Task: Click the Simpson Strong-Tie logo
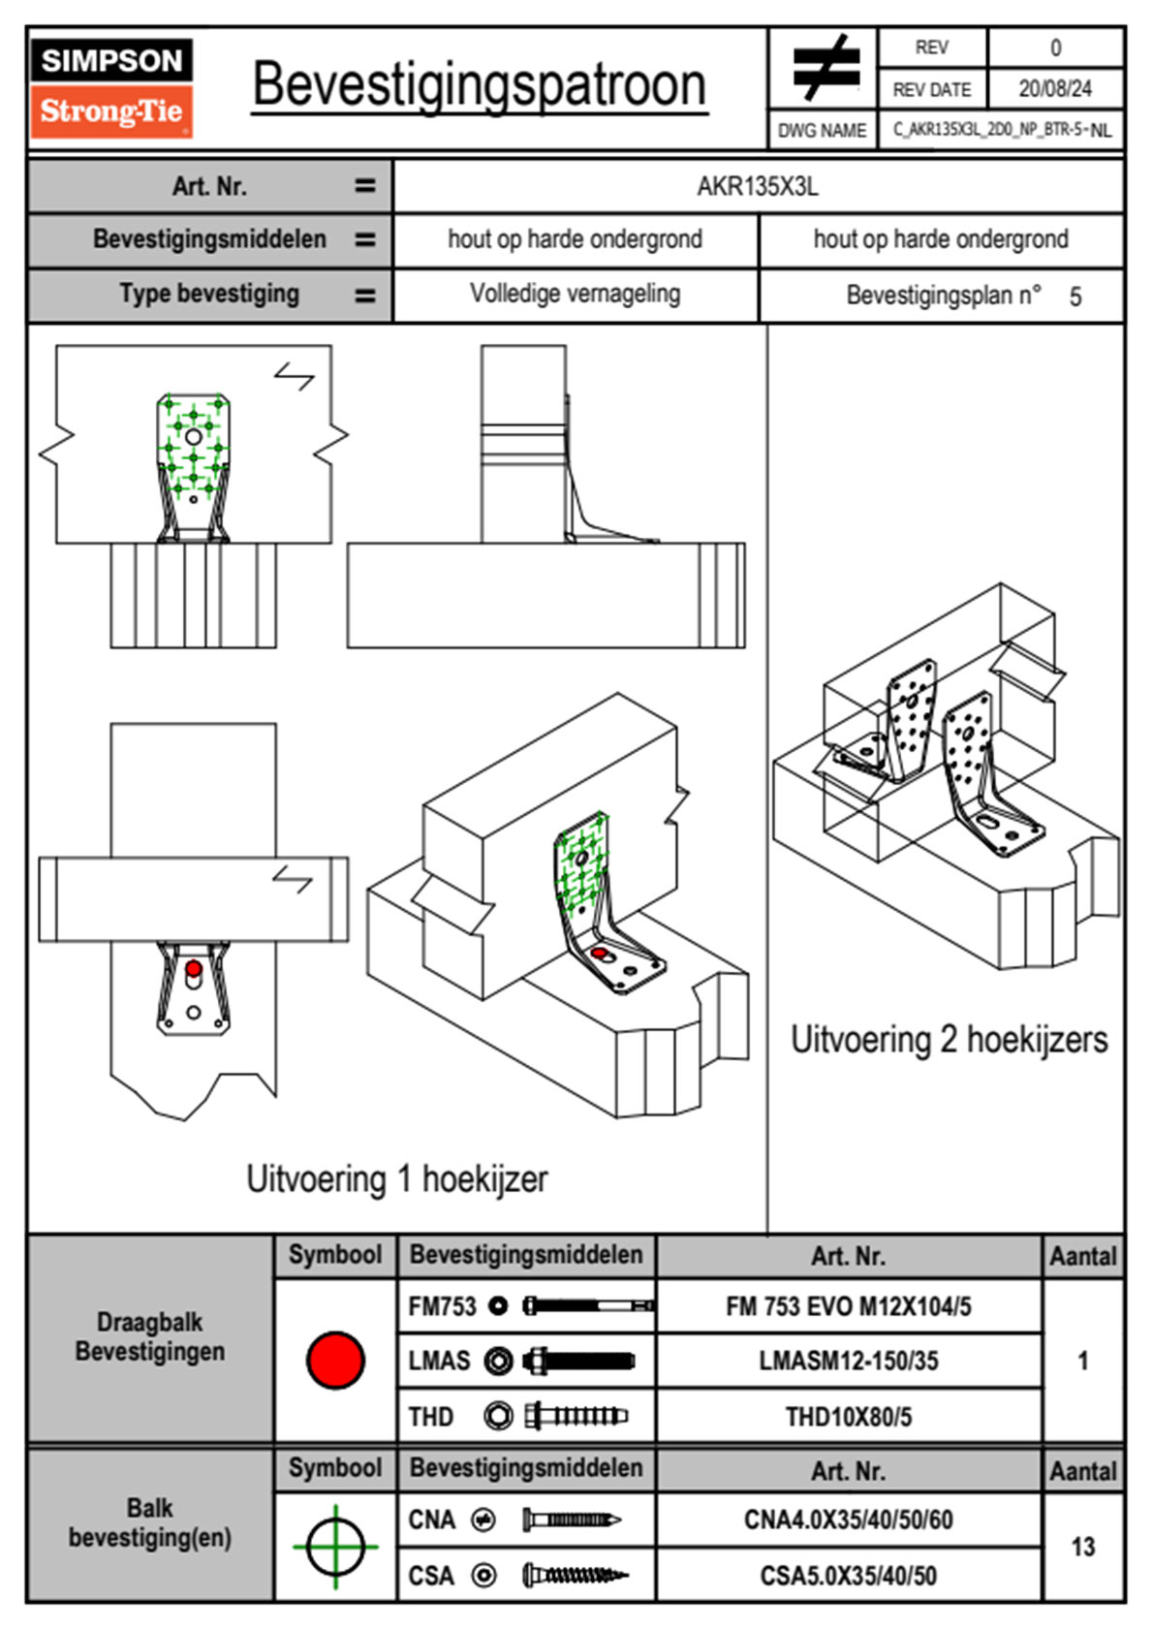(x=111, y=87)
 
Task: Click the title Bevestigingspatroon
(x=479, y=85)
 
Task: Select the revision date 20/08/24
(x=1054, y=89)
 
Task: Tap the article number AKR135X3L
(x=758, y=186)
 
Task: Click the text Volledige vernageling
(x=575, y=294)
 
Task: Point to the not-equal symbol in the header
(x=826, y=68)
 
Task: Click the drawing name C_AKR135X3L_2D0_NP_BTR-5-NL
(x=1001, y=130)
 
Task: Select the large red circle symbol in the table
(x=335, y=1360)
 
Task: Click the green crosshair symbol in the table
(x=335, y=1547)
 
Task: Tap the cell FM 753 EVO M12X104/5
(x=848, y=1306)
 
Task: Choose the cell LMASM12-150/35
(x=848, y=1361)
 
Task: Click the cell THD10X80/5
(x=848, y=1417)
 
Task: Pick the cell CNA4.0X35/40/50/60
(x=848, y=1520)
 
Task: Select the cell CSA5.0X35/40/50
(x=848, y=1576)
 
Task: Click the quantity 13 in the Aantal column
(x=1082, y=1547)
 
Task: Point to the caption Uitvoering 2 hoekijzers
(x=949, y=1039)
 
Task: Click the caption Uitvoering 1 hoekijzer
(x=396, y=1178)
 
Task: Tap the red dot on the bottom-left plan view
(x=194, y=968)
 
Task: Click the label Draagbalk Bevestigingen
(x=150, y=1336)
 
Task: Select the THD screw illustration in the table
(x=576, y=1416)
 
